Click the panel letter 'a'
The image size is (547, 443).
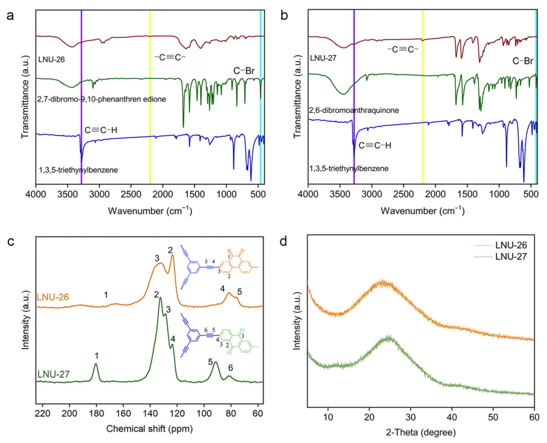[10, 16]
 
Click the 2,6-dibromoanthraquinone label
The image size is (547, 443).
[354, 110]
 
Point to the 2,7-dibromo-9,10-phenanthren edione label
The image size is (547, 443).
[102, 99]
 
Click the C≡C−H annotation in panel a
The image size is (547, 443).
[101, 130]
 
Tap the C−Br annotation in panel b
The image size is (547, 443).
[523, 61]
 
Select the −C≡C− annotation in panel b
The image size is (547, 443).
[403, 50]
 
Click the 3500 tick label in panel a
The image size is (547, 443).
[67, 194]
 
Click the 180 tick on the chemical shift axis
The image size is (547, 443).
[96, 413]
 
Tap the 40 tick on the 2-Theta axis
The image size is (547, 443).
[452, 417]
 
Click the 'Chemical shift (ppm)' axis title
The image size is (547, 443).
[149, 429]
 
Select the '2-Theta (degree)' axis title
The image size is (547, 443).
[421, 432]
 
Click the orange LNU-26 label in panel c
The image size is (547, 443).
[53, 297]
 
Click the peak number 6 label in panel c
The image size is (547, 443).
[230, 368]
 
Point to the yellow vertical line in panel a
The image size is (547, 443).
[150, 113]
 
